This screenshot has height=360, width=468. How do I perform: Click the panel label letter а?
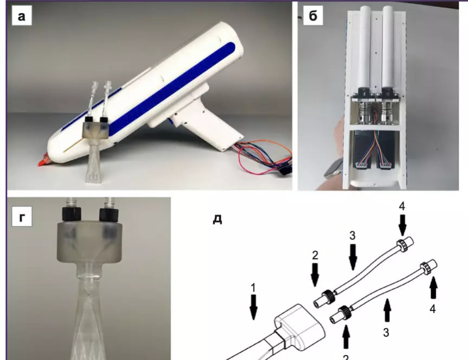click(21, 17)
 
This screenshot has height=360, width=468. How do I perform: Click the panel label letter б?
click(313, 16)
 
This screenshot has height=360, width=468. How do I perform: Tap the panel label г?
click(22, 218)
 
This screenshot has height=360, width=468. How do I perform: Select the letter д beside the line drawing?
click(217, 219)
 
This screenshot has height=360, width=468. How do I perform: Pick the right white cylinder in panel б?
click(390, 47)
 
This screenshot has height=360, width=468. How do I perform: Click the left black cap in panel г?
click(72, 214)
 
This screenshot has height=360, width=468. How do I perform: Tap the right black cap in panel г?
click(109, 214)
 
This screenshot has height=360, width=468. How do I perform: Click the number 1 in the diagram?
click(253, 288)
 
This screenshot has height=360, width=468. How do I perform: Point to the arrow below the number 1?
click(253, 307)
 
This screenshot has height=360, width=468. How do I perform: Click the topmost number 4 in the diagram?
click(402, 206)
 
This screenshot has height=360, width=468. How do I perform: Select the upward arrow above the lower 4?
click(433, 287)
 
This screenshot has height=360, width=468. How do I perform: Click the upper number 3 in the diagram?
click(352, 236)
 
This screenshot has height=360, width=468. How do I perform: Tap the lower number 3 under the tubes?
click(386, 332)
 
